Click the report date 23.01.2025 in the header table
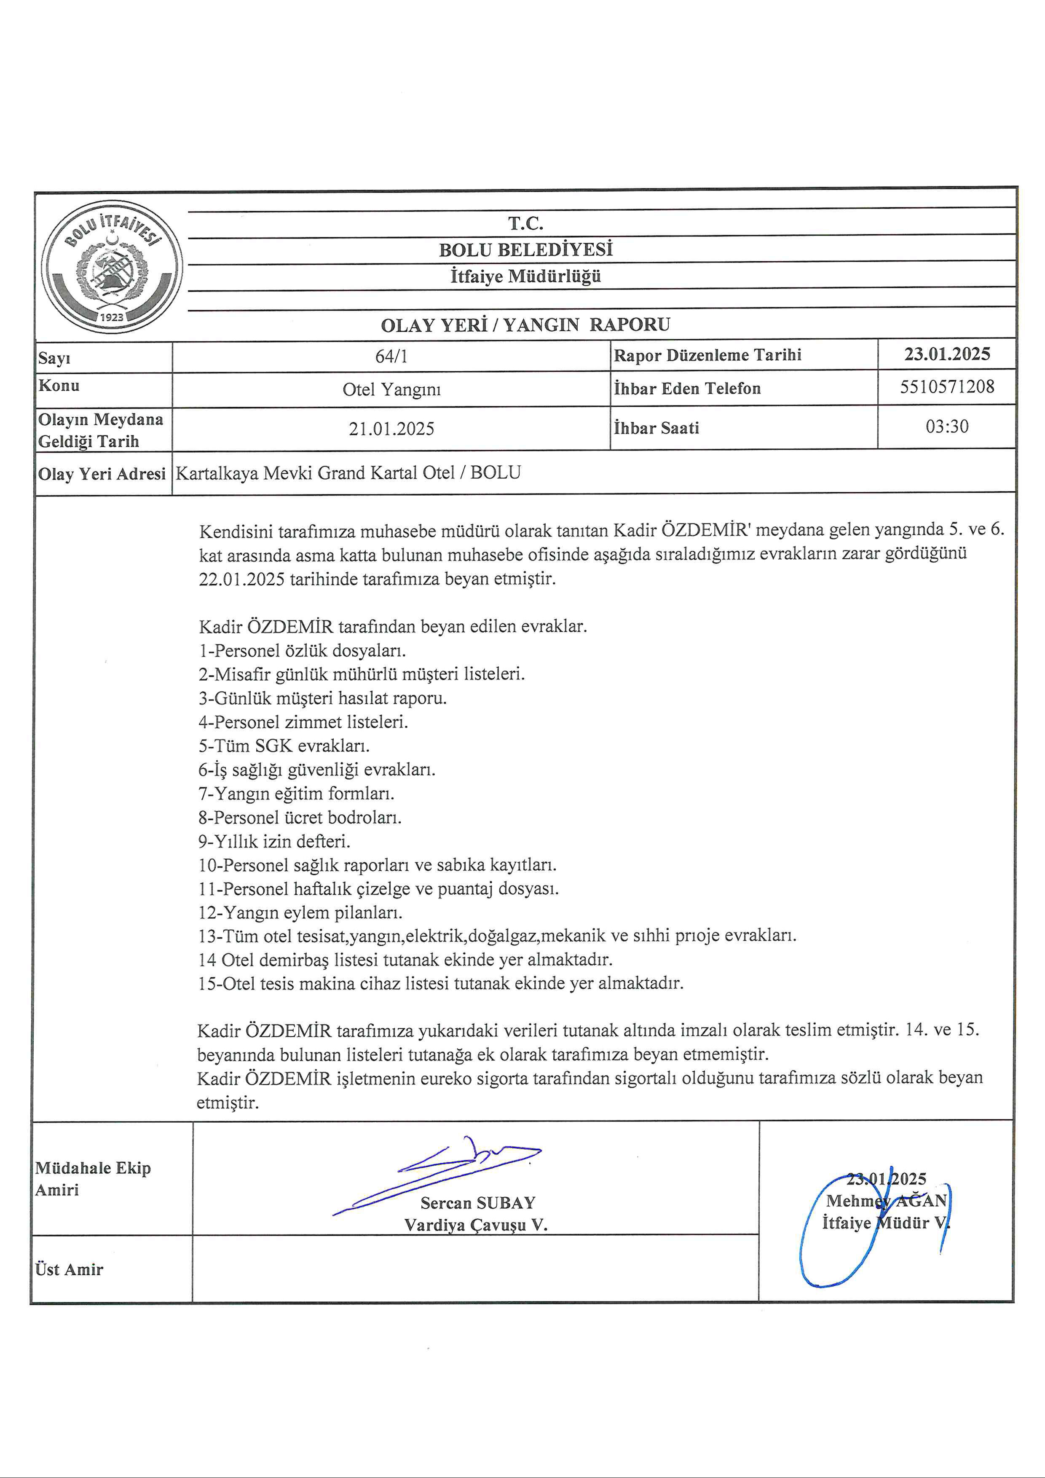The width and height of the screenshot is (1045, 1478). tap(946, 354)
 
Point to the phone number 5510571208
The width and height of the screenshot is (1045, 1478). tap(946, 387)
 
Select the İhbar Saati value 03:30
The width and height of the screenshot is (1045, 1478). tap(946, 426)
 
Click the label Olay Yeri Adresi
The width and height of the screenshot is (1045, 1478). tap(102, 474)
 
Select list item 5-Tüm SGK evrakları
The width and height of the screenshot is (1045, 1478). tap(284, 746)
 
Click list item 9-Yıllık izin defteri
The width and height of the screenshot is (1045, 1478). tap(274, 841)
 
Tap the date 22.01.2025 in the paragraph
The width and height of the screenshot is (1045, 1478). tap(241, 579)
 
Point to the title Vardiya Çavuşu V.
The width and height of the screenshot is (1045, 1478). tap(476, 1225)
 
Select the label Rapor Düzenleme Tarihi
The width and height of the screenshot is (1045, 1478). tap(707, 355)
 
